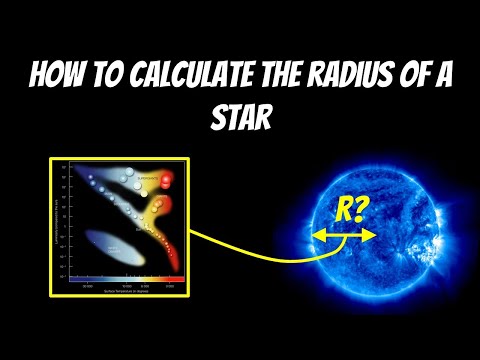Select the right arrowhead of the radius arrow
pyautogui.click(x=370, y=235)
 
